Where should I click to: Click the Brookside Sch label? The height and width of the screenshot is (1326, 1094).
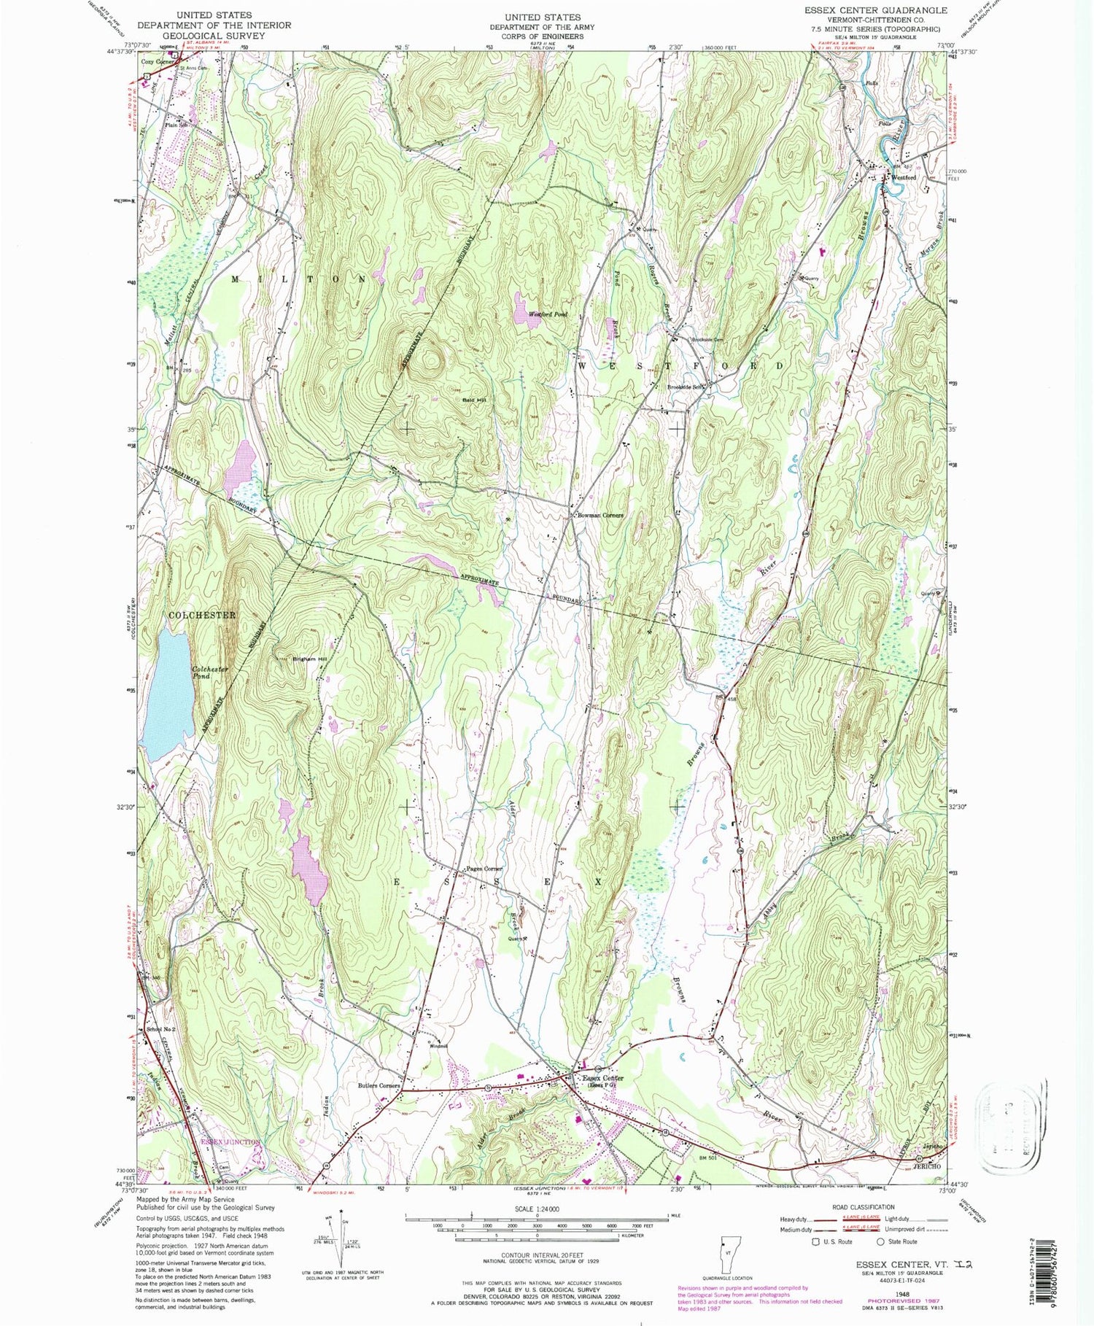[x=685, y=387]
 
